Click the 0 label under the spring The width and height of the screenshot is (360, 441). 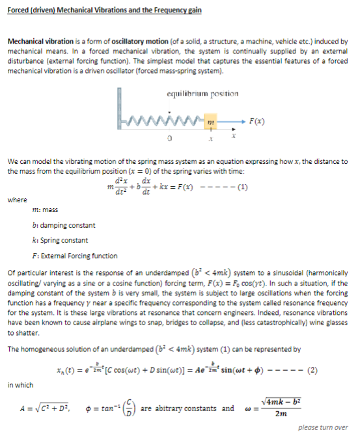pyautogui.click(x=168, y=139)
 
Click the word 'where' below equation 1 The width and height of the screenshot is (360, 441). pyautogui.click(x=17, y=200)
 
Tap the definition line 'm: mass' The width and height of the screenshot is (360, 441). pyautogui.click(x=45, y=211)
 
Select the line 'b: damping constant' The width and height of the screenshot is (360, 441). pyautogui.click(x=63, y=225)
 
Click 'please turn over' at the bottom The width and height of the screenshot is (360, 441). pyautogui.click(x=322, y=427)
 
